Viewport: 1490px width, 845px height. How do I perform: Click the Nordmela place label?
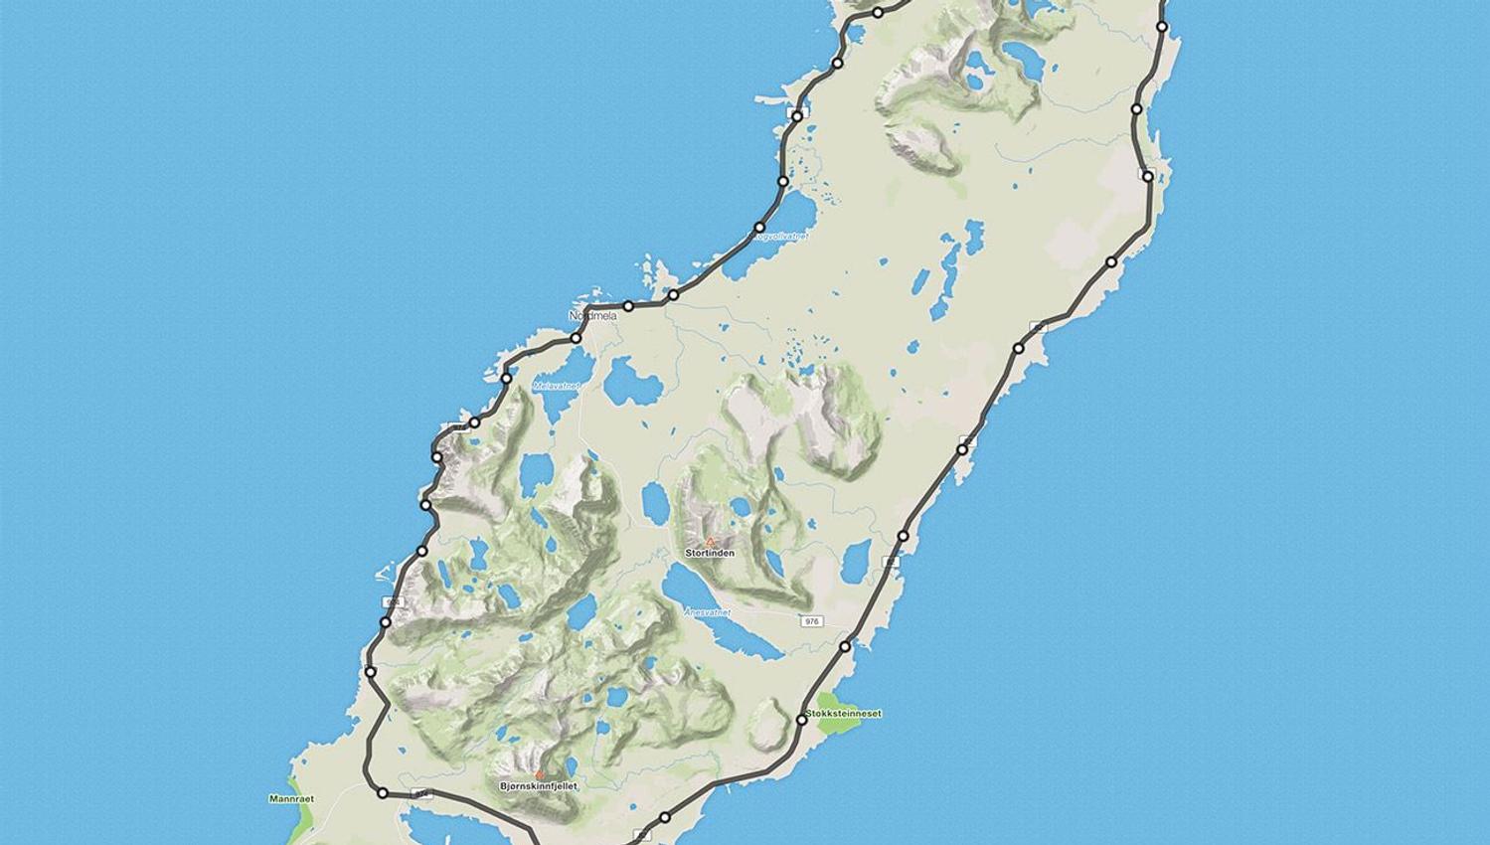click(592, 316)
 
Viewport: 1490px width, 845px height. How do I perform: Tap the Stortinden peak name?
click(710, 553)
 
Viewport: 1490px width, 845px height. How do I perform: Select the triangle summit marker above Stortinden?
click(710, 542)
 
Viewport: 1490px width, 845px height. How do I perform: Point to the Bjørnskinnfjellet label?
click(539, 786)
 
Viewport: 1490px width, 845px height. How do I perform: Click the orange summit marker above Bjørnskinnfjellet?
click(540, 774)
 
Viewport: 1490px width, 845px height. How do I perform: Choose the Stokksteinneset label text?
click(844, 714)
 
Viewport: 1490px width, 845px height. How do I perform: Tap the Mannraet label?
click(291, 798)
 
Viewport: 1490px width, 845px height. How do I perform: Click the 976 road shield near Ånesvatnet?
click(812, 621)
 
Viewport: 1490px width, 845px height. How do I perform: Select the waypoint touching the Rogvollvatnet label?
click(759, 228)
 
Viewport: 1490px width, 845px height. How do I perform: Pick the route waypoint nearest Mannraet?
click(382, 793)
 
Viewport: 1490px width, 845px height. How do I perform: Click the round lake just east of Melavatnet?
click(630, 379)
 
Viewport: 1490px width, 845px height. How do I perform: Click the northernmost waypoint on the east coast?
click(1163, 28)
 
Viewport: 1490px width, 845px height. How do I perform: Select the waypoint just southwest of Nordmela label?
click(576, 339)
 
